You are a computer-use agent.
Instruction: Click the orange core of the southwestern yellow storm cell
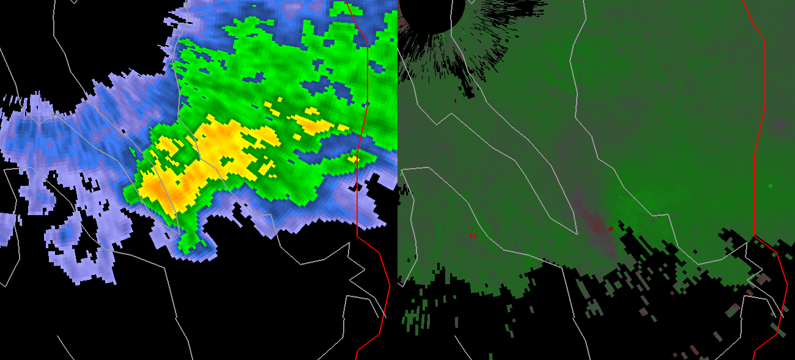162,191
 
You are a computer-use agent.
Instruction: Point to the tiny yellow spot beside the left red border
353,159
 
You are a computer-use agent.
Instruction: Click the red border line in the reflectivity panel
365,92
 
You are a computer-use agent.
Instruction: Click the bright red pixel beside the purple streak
610,229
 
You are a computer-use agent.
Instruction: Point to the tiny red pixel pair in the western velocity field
473,235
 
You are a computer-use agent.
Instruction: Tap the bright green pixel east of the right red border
770,185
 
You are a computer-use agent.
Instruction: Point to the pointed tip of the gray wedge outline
576,233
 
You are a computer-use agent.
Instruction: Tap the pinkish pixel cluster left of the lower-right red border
761,279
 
